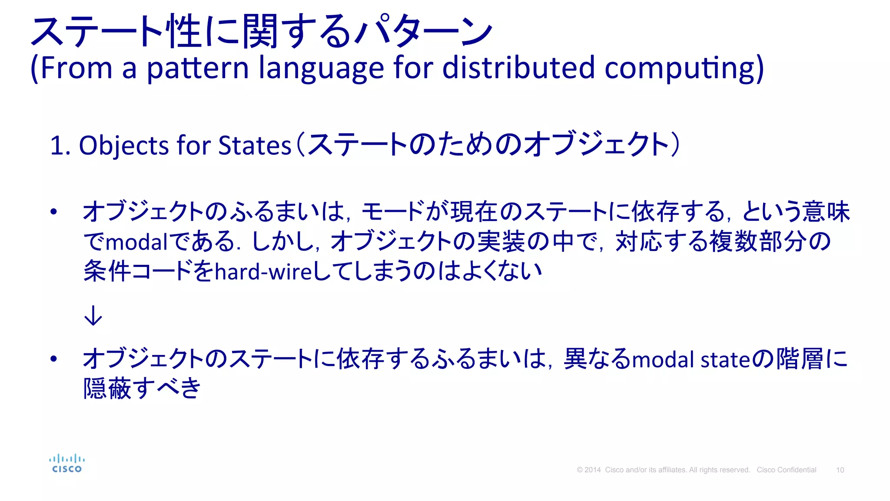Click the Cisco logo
pos(66,464)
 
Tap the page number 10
pos(840,470)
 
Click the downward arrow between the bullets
pos(93,316)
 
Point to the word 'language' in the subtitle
pos(321,69)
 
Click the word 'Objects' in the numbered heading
pos(123,145)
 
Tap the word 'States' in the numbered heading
pos(254,145)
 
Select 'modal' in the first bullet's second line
pos(136,242)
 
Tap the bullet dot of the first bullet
pos(53,212)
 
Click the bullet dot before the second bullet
pos(53,359)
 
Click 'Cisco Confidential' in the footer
pos(786,470)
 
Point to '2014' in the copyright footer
pos(592,470)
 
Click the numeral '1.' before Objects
pos(60,145)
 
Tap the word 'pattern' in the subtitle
pos(197,69)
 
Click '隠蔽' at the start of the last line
pos(107,388)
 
